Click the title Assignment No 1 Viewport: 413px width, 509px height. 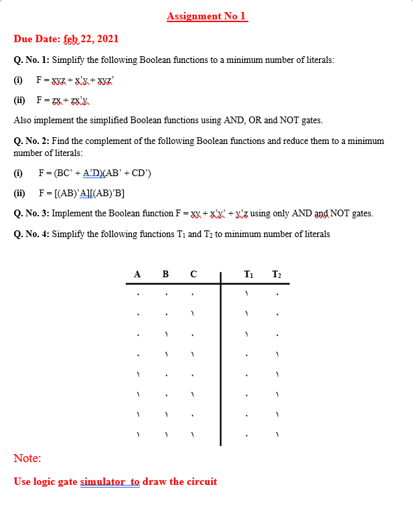pyautogui.click(x=207, y=16)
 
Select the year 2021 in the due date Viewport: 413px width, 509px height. pyautogui.click(x=108, y=39)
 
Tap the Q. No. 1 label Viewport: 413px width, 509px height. pyautogui.click(x=31, y=60)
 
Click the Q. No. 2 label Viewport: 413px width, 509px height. pyautogui.click(x=31, y=141)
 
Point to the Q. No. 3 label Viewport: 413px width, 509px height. pyautogui.click(x=31, y=214)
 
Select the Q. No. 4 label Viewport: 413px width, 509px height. pyautogui.click(x=31, y=234)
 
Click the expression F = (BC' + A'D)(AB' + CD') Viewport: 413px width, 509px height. pyautogui.click(x=94, y=173)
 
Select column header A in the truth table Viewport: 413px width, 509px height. pyautogui.click(x=137, y=274)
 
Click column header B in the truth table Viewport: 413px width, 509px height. pyautogui.click(x=165, y=274)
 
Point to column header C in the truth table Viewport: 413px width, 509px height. pyautogui.click(x=193, y=274)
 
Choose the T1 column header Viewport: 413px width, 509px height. pyautogui.click(x=248, y=274)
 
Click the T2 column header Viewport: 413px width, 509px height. pyautogui.click(x=276, y=274)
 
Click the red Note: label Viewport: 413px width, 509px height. pyautogui.click(x=27, y=459)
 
